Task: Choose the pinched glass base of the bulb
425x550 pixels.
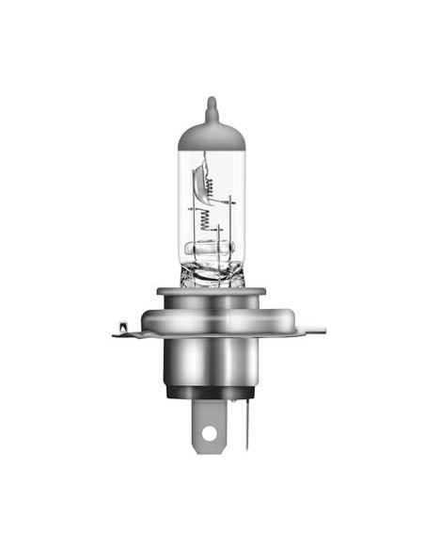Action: point(212,274)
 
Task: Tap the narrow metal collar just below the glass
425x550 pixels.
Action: point(212,295)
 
